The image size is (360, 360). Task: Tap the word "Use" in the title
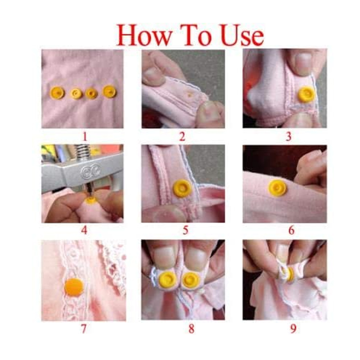[242, 35]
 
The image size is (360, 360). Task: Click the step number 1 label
[85, 137]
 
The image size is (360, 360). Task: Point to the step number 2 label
[182, 137]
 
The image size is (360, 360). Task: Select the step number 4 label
[84, 230]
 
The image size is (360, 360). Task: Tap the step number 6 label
[291, 230]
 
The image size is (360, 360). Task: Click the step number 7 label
[84, 329]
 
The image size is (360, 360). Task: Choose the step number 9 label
[293, 329]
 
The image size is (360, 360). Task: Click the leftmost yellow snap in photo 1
[57, 93]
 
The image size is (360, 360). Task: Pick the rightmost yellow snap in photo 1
[109, 91]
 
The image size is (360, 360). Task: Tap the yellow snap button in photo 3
[307, 94]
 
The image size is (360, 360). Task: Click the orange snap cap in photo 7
[74, 287]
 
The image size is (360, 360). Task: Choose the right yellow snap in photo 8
[190, 279]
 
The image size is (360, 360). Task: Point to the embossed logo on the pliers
[90, 171]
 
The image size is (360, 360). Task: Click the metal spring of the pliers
[82, 152]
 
